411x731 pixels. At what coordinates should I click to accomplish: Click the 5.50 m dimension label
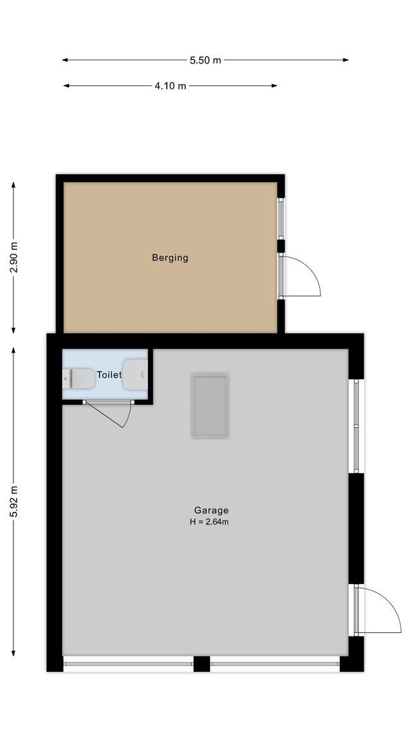(x=205, y=60)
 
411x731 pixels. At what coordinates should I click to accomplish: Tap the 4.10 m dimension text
(x=170, y=86)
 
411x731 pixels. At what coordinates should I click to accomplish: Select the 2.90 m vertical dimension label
(x=14, y=257)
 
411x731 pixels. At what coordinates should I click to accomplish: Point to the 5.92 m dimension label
(x=14, y=502)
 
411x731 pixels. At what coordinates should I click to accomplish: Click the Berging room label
(x=170, y=258)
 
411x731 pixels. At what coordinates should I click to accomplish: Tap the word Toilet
(x=109, y=374)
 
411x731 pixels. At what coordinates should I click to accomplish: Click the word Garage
(x=211, y=510)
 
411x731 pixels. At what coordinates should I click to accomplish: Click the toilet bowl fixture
(x=80, y=378)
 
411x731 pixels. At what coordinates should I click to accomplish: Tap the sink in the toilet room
(x=135, y=374)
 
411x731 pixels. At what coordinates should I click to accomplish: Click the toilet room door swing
(x=112, y=414)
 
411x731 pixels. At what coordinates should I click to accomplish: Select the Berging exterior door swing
(x=301, y=277)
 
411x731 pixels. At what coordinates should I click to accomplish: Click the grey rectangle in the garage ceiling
(x=210, y=405)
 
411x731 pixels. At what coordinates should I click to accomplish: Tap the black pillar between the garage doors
(x=201, y=664)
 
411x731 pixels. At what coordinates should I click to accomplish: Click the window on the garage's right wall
(x=356, y=425)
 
